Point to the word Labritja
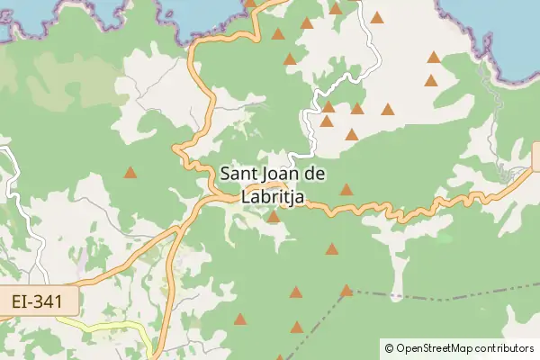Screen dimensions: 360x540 (x=274, y=193)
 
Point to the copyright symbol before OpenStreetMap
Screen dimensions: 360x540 (x=389, y=347)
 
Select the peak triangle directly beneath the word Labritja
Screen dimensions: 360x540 (x=273, y=216)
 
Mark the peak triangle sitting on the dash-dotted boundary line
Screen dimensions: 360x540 (x=346, y=290)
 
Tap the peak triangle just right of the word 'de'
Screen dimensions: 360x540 (x=346, y=190)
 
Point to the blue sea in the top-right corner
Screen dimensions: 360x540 (x=504, y=22)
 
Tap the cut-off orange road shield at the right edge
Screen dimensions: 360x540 (x=535, y=156)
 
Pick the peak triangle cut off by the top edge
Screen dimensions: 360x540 (x=250, y=3)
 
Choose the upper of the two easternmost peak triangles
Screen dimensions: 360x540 (x=433, y=57)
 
